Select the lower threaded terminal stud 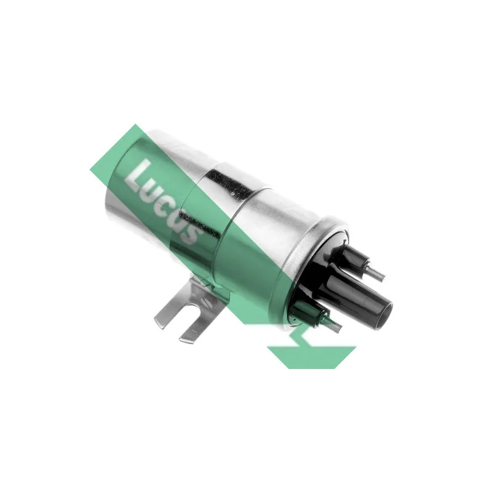tap(332, 324)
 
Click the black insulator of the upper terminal tap(353, 256)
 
